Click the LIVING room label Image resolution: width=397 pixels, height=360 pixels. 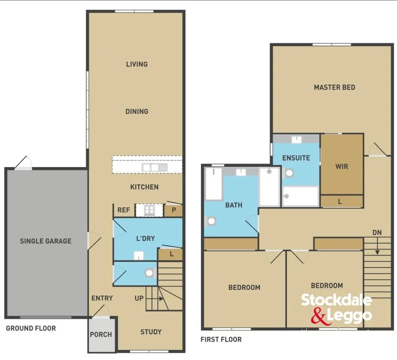click(137, 64)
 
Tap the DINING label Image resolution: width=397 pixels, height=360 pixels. click(137, 111)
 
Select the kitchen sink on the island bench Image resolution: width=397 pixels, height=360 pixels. click(154, 167)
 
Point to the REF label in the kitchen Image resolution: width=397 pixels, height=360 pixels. click(123, 210)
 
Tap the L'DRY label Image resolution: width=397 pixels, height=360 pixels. click(145, 238)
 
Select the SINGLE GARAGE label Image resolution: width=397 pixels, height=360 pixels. click(45, 241)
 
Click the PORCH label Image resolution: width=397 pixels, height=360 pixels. click(101, 334)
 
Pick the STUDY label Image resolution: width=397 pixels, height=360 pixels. click(151, 332)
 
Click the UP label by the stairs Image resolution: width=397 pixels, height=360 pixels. click(139, 298)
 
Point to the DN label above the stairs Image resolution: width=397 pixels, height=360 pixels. click(377, 232)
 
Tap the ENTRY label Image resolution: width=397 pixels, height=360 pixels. click(102, 298)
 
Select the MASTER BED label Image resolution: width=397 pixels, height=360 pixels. click(335, 87)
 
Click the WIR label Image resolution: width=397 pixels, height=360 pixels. click(342, 166)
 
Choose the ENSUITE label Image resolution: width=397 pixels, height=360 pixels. click(296, 158)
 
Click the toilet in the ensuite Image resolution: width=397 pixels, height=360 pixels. click(289, 173)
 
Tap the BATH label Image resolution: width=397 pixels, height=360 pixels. click(234, 205)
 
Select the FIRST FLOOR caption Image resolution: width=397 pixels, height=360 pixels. click(221, 339)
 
